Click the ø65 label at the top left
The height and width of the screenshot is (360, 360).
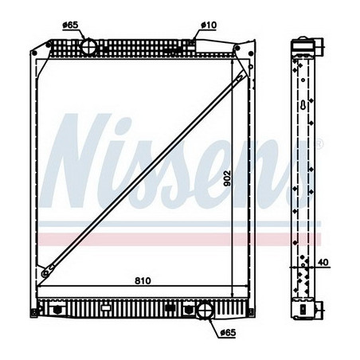tap(70, 25)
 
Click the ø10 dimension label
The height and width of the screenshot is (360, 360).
tap(209, 25)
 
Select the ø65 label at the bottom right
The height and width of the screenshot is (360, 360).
tap(228, 332)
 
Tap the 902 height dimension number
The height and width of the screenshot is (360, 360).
tap(228, 178)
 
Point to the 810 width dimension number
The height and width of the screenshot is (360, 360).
tap(143, 280)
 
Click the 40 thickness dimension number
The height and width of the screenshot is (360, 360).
tap(323, 262)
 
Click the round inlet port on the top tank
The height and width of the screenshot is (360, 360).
tap(88, 47)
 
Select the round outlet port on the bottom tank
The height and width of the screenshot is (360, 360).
tap(205, 311)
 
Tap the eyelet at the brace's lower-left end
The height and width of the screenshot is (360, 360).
tap(45, 273)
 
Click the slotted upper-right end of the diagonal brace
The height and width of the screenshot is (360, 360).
tap(240, 77)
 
